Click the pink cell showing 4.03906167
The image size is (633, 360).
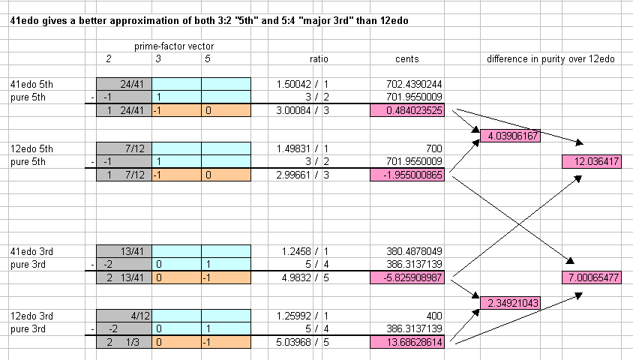[x=510, y=136]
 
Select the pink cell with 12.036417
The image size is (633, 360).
[x=591, y=161]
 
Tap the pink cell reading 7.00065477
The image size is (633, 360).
[x=591, y=278]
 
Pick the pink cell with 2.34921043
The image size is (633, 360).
[x=510, y=302]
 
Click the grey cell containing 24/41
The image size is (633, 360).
[x=124, y=85]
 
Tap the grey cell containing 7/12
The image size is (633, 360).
[x=124, y=149]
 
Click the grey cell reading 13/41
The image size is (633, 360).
[x=124, y=252]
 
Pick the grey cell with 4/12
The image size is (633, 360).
[x=124, y=316]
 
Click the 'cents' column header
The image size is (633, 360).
[x=407, y=59]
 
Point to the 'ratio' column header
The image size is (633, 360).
[x=319, y=59]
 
